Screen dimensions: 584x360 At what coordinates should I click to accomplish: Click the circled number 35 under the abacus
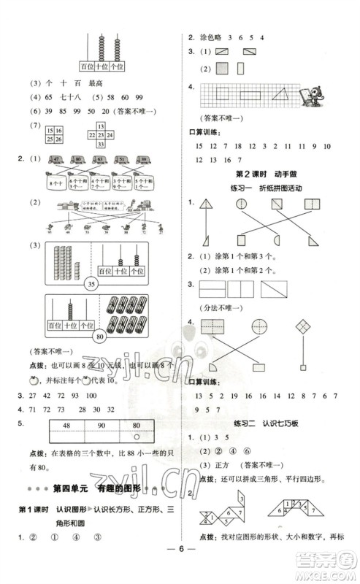92,284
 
